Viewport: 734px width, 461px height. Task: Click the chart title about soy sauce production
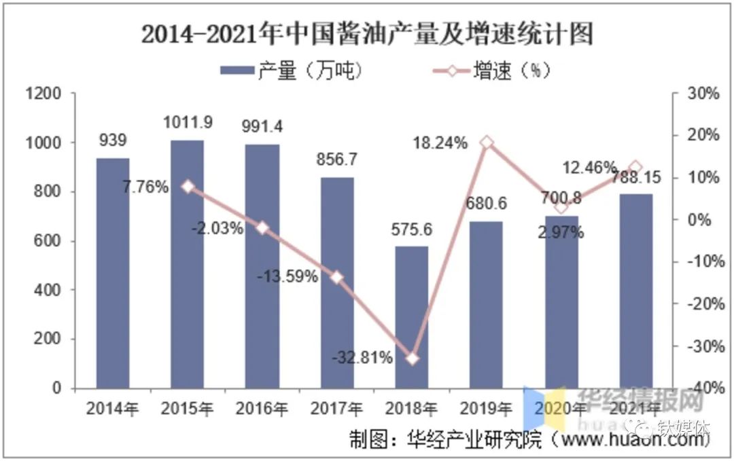coord(367,33)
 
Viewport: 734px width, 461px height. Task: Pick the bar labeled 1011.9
coord(187,264)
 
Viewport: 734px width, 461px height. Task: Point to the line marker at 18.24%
coord(486,143)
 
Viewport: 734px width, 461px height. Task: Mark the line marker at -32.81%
coord(412,358)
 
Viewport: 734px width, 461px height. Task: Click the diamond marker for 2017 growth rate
coord(337,277)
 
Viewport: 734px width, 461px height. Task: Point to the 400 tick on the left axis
coord(49,291)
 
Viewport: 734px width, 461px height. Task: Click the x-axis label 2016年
coord(262,409)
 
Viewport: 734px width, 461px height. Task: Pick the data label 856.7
coord(337,160)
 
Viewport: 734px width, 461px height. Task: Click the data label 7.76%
coord(145,187)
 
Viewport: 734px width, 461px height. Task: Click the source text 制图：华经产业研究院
coord(446,439)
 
